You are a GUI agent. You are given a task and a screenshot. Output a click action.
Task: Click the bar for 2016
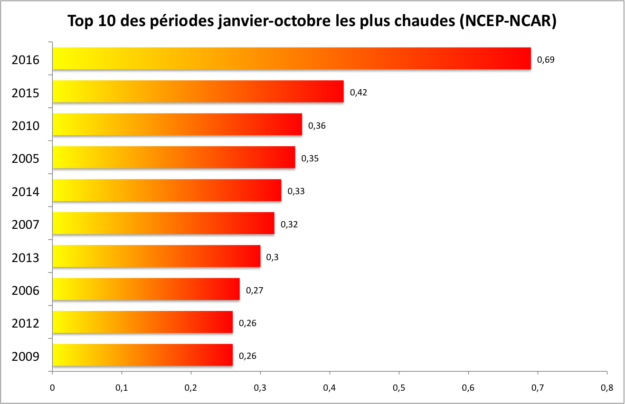[x=292, y=58]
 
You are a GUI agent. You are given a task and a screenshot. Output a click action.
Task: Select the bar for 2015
[x=198, y=92]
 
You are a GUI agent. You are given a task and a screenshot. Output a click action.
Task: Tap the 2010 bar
[x=177, y=124]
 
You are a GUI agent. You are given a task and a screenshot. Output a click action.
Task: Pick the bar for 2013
[x=156, y=256]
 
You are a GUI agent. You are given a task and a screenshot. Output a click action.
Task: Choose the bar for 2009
[x=142, y=355]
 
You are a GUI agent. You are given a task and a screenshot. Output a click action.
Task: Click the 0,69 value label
[x=546, y=60]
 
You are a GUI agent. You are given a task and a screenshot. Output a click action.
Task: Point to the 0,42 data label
[x=359, y=93]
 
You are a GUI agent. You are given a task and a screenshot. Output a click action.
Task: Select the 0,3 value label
[x=272, y=257]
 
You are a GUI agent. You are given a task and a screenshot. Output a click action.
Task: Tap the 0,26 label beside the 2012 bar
[x=247, y=323]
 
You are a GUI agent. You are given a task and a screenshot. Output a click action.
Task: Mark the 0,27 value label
[x=255, y=290]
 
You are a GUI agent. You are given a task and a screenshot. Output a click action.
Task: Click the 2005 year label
[x=25, y=159]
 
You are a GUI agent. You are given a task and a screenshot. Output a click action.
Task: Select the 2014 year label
[x=25, y=192]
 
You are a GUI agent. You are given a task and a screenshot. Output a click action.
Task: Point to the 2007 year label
[x=25, y=225]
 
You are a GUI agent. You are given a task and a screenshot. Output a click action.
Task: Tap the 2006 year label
[x=25, y=291]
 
